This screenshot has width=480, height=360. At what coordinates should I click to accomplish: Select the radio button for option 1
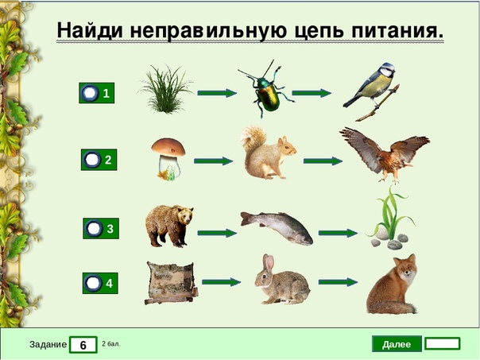tap(91, 93)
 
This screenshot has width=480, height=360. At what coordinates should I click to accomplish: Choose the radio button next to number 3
tap(94, 228)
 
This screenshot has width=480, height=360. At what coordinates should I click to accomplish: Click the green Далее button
tap(397, 344)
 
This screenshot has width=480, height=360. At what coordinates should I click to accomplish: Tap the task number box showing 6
tap(83, 345)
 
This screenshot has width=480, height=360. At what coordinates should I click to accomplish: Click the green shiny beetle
tap(266, 89)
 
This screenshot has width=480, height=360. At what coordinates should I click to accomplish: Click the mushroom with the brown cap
tap(168, 159)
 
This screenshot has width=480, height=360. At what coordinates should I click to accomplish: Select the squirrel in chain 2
tap(268, 153)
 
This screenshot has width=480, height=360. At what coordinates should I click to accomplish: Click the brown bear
tap(168, 226)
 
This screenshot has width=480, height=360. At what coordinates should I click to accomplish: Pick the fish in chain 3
tap(277, 227)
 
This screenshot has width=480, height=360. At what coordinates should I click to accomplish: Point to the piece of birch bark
tap(171, 283)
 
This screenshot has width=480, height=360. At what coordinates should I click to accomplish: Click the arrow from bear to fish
tap(217, 233)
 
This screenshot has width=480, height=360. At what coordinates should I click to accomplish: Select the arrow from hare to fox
tap(338, 281)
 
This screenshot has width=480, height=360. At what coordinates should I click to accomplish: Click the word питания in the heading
tap(397, 30)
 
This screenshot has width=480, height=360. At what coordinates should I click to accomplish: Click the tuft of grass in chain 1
tap(165, 89)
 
